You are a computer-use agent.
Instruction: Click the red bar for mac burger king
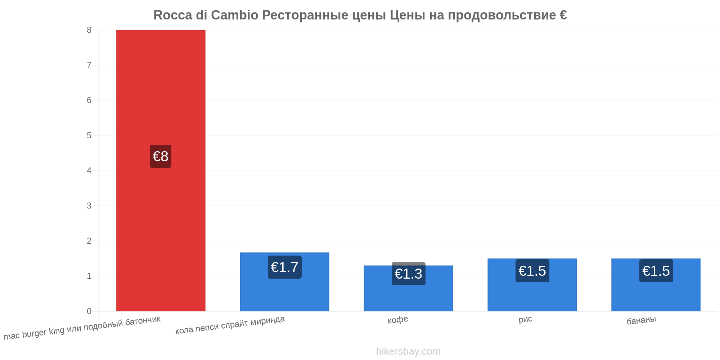[x=161, y=170]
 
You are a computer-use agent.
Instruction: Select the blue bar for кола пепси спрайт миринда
[x=284, y=282]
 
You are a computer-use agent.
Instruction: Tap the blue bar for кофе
[x=408, y=288]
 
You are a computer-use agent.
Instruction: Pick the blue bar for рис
[x=532, y=285]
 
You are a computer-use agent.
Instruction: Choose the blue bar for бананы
[x=656, y=285]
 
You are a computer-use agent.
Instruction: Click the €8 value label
[x=161, y=156]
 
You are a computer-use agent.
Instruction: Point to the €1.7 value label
[x=284, y=267]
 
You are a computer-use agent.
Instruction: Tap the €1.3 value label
[x=408, y=274]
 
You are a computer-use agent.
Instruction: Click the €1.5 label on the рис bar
[x=532, y=271]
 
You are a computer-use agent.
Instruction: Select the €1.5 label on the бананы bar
[x=656, y=271]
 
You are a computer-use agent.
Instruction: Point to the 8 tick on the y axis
[x=89, y=30]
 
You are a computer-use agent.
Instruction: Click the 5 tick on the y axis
[x=89, y=136]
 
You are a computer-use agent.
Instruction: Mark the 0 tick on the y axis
[x=89, y=311]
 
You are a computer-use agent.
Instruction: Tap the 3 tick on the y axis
[x=89, y=206]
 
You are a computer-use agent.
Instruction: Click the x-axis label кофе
[x=398, y=320]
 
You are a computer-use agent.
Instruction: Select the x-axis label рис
[x=525, y=319]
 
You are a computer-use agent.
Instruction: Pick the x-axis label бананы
[x=641, y=320]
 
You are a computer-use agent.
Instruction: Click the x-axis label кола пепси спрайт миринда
[x=230, y=325]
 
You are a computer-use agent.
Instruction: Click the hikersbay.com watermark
[x=408, y=351]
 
